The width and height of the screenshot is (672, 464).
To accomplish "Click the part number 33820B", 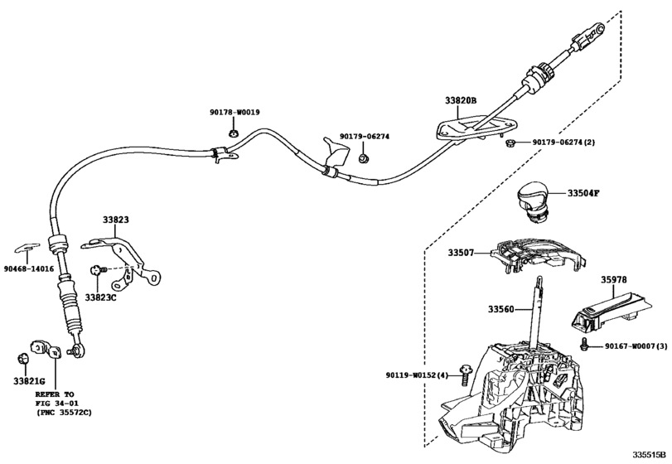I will (462, 100).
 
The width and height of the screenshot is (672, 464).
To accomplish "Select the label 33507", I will (462, 252).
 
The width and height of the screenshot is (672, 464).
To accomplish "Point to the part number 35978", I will (616, 281).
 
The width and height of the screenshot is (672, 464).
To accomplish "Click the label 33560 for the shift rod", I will (501, 309).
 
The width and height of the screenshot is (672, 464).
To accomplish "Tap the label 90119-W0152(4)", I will (420, 376).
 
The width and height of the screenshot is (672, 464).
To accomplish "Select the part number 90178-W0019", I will (234, 112).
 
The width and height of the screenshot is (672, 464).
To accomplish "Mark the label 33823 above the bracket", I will (116, 220).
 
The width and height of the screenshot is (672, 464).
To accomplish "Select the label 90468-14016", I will (29, 269).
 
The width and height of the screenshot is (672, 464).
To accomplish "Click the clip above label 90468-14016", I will (28, 247).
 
